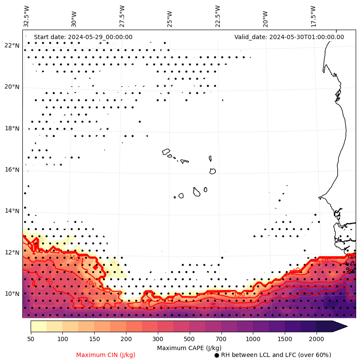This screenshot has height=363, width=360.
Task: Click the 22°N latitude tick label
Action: (12, 46)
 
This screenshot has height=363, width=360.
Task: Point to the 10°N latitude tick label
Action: (12, 294)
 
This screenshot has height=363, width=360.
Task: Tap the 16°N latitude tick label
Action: (12, 170)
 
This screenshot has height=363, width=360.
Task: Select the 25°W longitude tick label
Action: (169, 16)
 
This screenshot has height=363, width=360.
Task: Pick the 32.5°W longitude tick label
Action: (27, 16)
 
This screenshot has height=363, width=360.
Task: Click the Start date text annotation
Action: (83, 37)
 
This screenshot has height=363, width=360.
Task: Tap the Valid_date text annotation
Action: (289, 37)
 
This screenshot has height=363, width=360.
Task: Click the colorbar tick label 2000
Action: (317, 339)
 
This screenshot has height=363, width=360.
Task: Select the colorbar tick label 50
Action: (31, 339)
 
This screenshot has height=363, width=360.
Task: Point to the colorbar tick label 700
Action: (221, 339)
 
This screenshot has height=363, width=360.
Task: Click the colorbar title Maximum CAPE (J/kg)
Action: (189, 348)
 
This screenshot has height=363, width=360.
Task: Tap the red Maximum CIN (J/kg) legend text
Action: (106, 355)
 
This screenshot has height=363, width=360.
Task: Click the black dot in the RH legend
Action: (217, 355)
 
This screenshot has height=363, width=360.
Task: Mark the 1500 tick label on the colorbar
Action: (285, 339)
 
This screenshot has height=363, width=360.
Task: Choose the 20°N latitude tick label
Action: (12, 87)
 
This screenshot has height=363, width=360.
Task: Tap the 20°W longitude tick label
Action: (265, 16)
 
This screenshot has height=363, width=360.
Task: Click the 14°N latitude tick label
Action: (12, 211)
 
